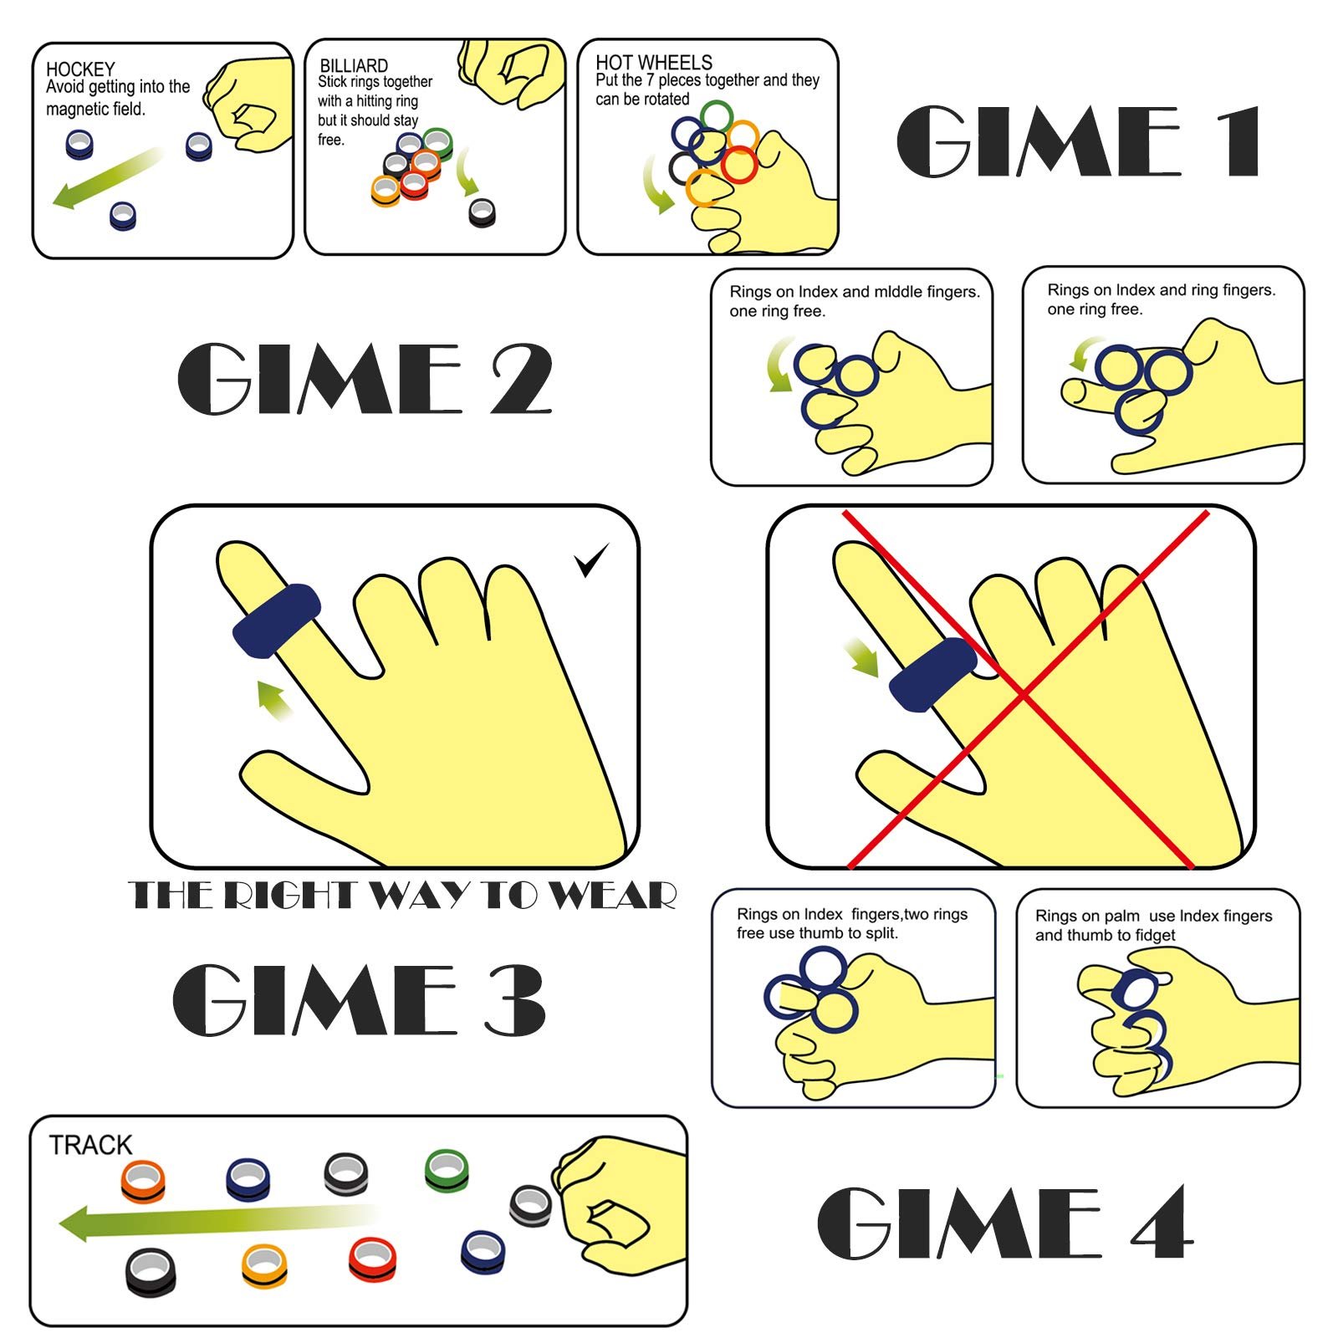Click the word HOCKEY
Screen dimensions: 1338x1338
pos(80,69)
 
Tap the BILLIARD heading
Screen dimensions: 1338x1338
pos(354,65)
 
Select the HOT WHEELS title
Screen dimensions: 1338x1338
pos(654,63)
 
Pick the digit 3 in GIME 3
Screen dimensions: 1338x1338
pos(513,998)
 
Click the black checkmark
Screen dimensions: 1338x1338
pos(591,559)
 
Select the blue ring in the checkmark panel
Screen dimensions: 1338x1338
pos(276,620)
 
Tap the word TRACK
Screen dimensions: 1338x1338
pos(90,1145)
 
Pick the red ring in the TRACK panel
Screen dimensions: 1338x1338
pos(373,1259)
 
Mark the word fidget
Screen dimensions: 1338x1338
pos(1155,935)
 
